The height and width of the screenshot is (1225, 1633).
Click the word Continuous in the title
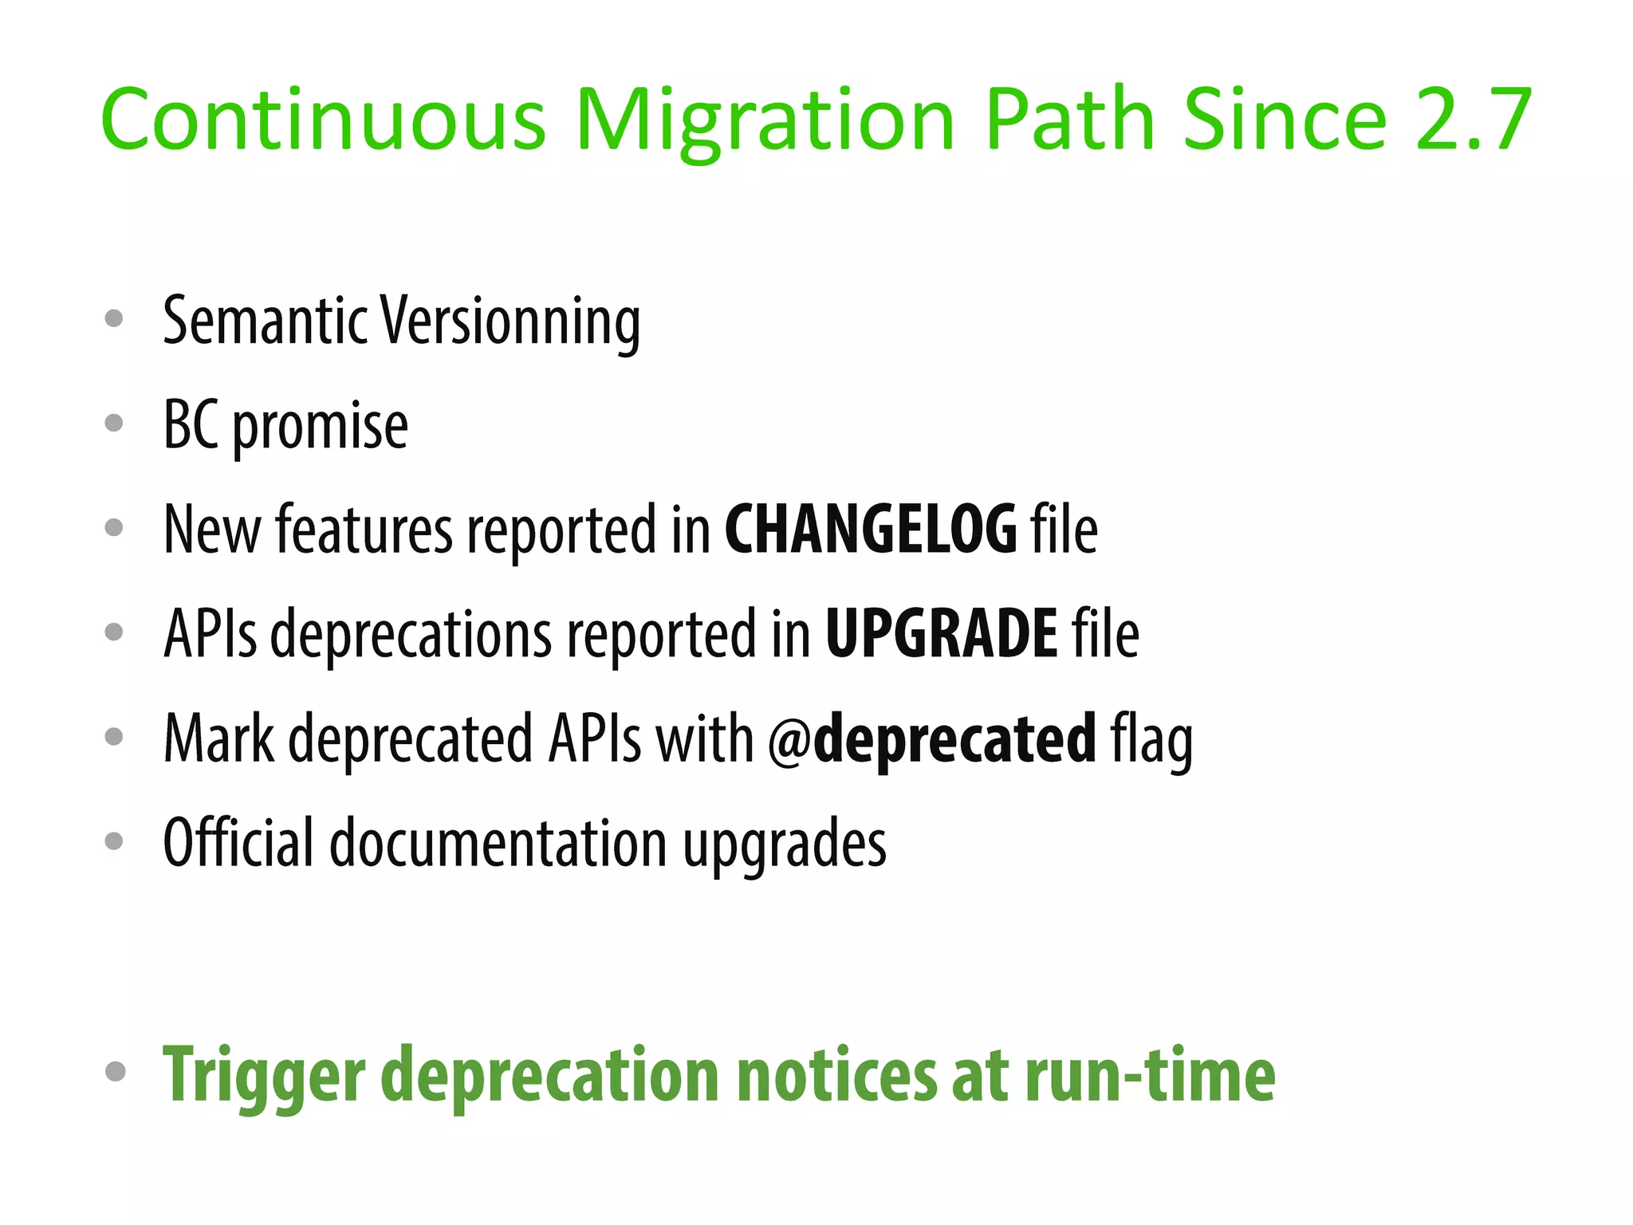pos(323,120)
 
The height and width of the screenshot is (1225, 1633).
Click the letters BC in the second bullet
pos(191,425)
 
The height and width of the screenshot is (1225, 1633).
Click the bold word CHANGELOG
pos(870,530)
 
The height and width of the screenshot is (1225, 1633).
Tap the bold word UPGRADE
pos(942,634)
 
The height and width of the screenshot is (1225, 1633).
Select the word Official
pos(238,843)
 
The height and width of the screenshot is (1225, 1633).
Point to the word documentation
pos(498,843)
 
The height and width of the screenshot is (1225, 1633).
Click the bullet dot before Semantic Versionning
pos(114,319)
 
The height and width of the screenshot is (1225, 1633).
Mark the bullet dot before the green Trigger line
pos(115,1071)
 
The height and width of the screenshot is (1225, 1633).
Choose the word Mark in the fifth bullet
pos(218,739)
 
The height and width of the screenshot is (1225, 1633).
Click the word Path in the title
pos(1069,120)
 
